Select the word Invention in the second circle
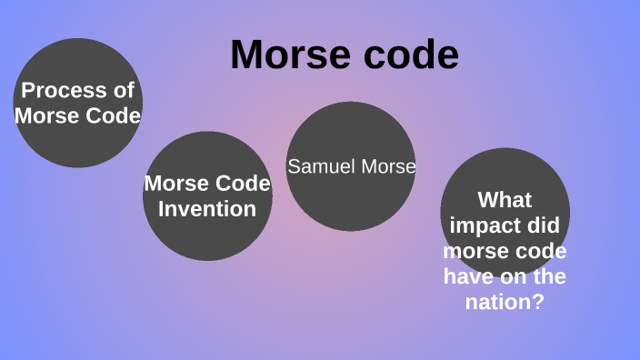coord(207,208)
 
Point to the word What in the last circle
coord(505,199)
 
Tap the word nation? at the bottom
coord(505,301)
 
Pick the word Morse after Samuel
coord(387,167)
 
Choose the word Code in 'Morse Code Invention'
coord(242,184)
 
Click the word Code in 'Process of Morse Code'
coord(113,116)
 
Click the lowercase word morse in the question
coord(476,250)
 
